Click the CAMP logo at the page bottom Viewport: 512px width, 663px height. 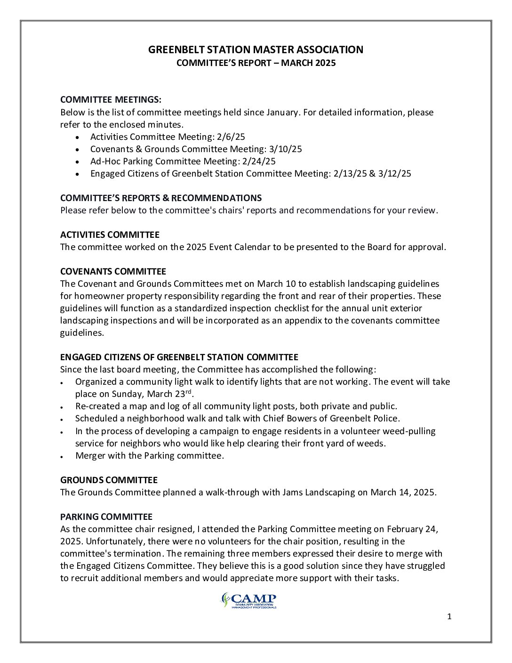click(249, 600)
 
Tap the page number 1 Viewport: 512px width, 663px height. click(449, 617)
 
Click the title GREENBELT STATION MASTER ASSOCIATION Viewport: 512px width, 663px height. click(256, 49)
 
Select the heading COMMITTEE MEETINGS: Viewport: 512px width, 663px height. click(111, 100)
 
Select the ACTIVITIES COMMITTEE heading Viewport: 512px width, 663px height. click(110, 235)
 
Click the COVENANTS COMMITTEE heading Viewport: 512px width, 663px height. click(113, 272)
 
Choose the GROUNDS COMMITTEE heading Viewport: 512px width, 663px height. click(109, 480)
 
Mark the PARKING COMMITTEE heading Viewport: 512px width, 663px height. click(106, 517)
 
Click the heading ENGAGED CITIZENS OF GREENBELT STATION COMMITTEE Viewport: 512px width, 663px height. click(179, 357)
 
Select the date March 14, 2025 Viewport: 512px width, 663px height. click(403, 493)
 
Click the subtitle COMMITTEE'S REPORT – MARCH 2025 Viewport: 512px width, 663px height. click(256, 63)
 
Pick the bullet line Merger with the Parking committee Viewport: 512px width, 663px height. click(150, 456)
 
